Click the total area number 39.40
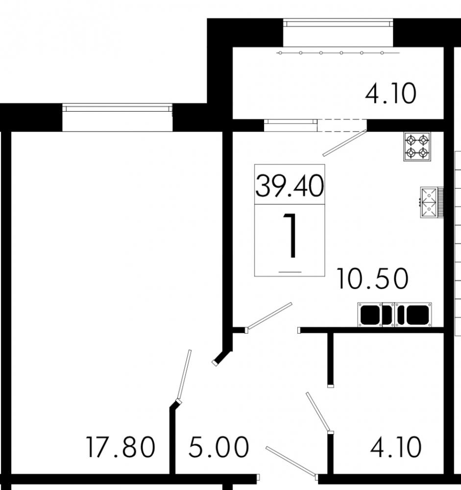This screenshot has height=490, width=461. coord(289,186)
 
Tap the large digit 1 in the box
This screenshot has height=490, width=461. coord(290,237)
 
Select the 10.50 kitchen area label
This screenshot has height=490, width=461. coord(372,279)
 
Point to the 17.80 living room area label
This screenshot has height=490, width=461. coord(121,447)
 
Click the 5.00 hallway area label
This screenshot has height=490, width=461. coord(218,447)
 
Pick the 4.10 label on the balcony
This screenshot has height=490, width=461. coord(390,94)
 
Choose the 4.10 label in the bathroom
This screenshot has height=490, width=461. coord(396,447)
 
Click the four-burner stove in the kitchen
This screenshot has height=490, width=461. coord(417,147)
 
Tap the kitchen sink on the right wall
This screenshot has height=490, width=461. coord(430,202)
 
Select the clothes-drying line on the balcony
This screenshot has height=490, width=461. coord(338,52)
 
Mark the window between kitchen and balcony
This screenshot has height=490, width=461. coord(290,125)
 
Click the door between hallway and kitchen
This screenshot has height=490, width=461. coord(269,317)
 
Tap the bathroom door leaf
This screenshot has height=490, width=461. coord(319,412)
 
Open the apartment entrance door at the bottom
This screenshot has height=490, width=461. coord(291,461)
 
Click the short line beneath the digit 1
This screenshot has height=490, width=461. coord(290,271)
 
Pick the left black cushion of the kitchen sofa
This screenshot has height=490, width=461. coord(371,315)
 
